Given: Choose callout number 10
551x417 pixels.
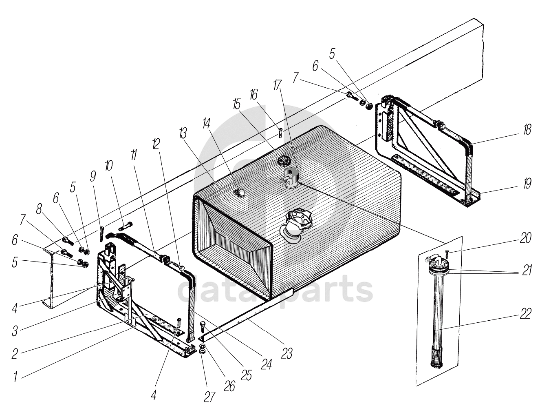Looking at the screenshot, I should [108, 166].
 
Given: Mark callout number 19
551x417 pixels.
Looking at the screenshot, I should [527, 184].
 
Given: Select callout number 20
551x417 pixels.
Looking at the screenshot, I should [526, 238].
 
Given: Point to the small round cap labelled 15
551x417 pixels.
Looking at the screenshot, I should [282, 161].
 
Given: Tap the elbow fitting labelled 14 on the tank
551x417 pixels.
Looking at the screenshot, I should [239, 193].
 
